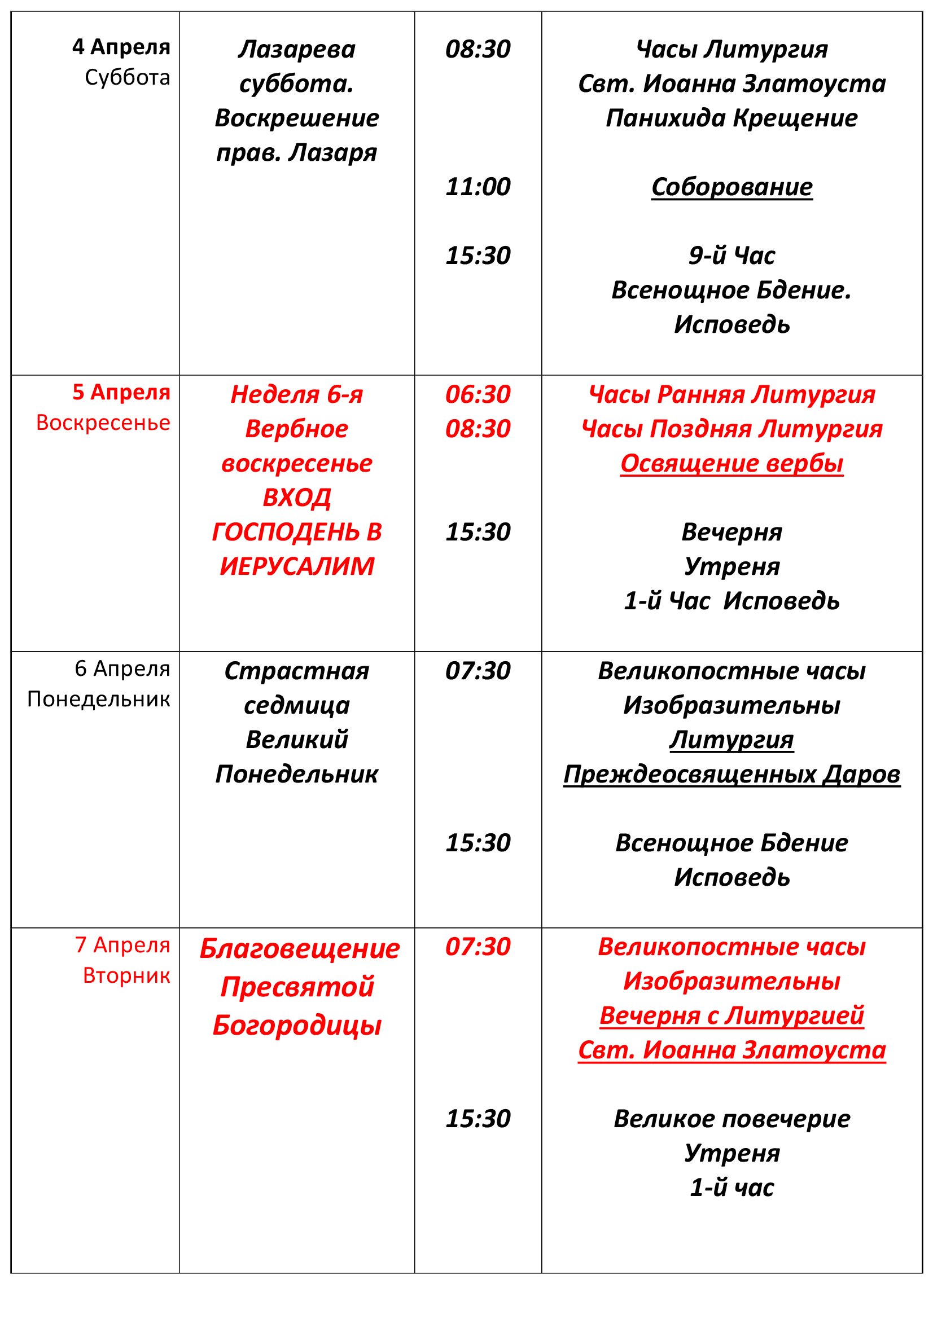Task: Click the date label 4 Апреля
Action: coord(121,47)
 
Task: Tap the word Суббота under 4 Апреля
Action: coord(127,77)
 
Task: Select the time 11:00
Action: coord(478,187)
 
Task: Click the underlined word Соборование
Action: coord(731,187)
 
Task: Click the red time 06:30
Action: coord(478,394)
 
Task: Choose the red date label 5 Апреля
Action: coord(121,392)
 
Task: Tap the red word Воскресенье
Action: coord(103,423)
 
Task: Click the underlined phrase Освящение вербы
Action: coord(731,463)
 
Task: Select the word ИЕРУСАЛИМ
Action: coord(297,566)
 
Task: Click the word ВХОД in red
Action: coord(297,498)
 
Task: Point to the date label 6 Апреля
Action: coord(122,669)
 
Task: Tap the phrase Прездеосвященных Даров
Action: coord(731,774)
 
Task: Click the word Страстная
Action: coord(297,671)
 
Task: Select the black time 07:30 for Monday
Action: coord(478,671)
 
